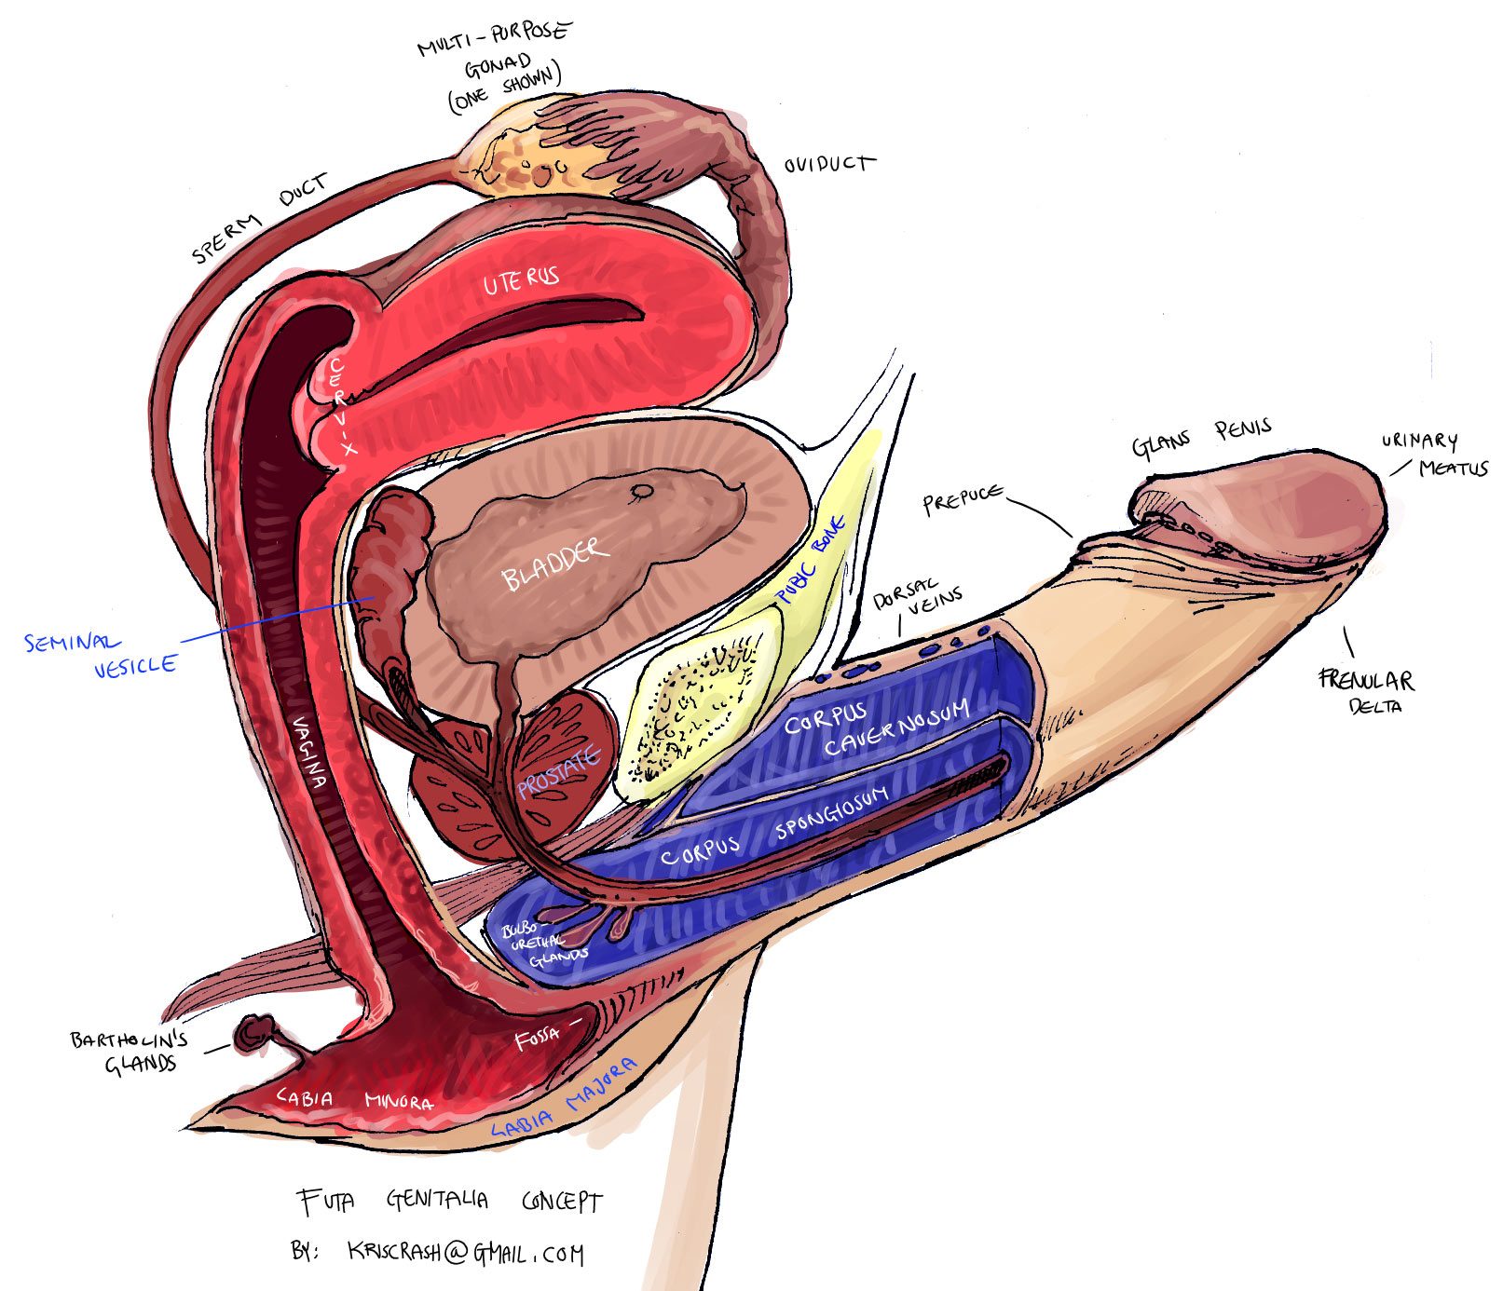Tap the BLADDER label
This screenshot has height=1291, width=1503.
pyautogui.click(x=555, y=563)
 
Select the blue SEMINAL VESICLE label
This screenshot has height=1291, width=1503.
pyautogui.click(x=100, y=654)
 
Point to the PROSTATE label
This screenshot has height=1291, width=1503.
pyautogui.click(x=559, y=772)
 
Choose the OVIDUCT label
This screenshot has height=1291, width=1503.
pyautogui.click(x=829, y=165)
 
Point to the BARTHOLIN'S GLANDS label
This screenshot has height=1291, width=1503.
pyautogui.click(x=130, y=1052)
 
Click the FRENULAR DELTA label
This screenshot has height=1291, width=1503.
pyautogui.click(x=1366, y=690)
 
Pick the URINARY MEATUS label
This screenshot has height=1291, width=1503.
pyautogui.click(x=1435, y=454)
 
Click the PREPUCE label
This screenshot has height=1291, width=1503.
pyautogui.click(x=963, y=499)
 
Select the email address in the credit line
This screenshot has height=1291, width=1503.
pyautogui.click(x=466, y=1253)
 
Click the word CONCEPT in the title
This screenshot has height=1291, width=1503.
pyautogui.click(x=562, y=1202)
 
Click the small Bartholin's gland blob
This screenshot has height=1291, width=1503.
pyautogui.click(x=254, y=1033)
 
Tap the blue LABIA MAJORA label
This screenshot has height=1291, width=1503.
pyautogui.click(x=565, y=1099)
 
